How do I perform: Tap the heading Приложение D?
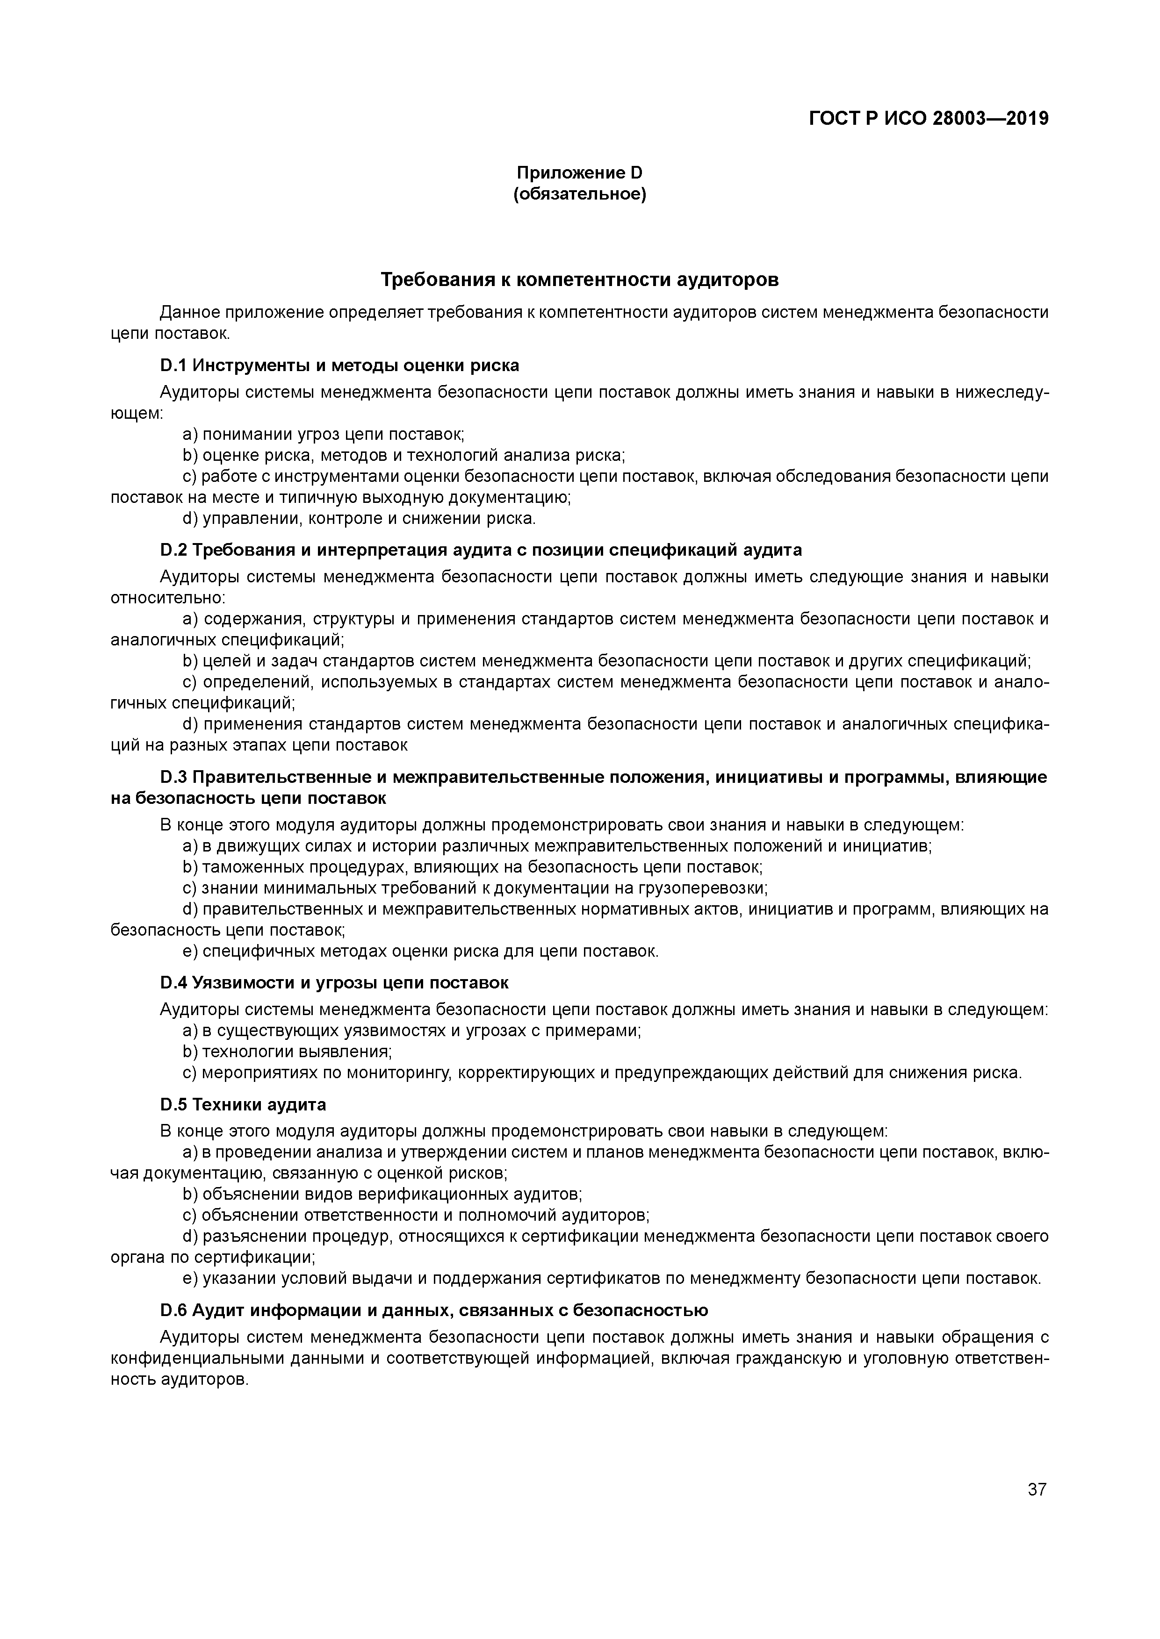click(579, 173)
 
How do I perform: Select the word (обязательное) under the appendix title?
click(579, 194)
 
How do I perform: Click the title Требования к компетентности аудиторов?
click(579, 280)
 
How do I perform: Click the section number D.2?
click(173, 550)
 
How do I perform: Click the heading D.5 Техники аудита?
click(243, 1104)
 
